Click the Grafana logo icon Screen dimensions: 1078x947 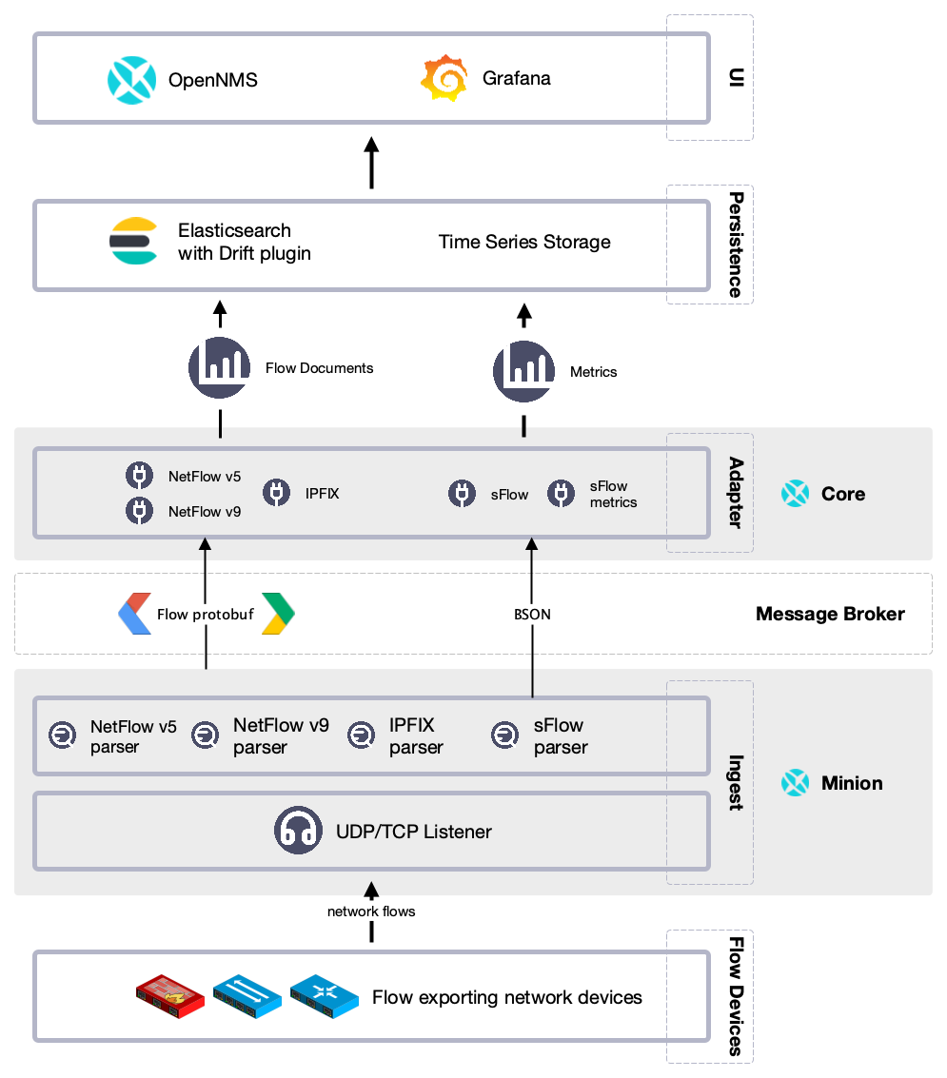coord(444,79)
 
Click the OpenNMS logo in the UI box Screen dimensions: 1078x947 coord(131,80)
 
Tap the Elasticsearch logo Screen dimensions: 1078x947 coord(133,241)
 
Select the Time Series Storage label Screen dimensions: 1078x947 coord(524,242)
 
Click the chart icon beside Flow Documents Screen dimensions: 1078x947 coord(220,367)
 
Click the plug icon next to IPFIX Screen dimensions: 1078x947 coord(277,493)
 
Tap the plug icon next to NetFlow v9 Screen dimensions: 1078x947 coord(140,511)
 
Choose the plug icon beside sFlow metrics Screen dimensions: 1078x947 coord(561,493)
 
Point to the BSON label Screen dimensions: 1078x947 coord(531,615)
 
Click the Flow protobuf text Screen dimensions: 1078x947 coord(205,615)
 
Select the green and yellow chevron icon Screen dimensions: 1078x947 coord(279,614)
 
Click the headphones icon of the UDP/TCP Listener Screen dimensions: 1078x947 coord(298,831)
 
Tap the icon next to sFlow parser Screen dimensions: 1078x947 coord(504,735)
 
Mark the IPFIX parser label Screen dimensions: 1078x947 coord(416,736)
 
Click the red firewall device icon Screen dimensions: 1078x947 coord(170,995)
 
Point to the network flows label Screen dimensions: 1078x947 coord(371,911)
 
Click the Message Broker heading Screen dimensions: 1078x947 coord(830,614)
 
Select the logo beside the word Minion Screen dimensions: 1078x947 coord(795,783)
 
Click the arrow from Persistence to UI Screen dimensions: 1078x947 coord(372,163)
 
